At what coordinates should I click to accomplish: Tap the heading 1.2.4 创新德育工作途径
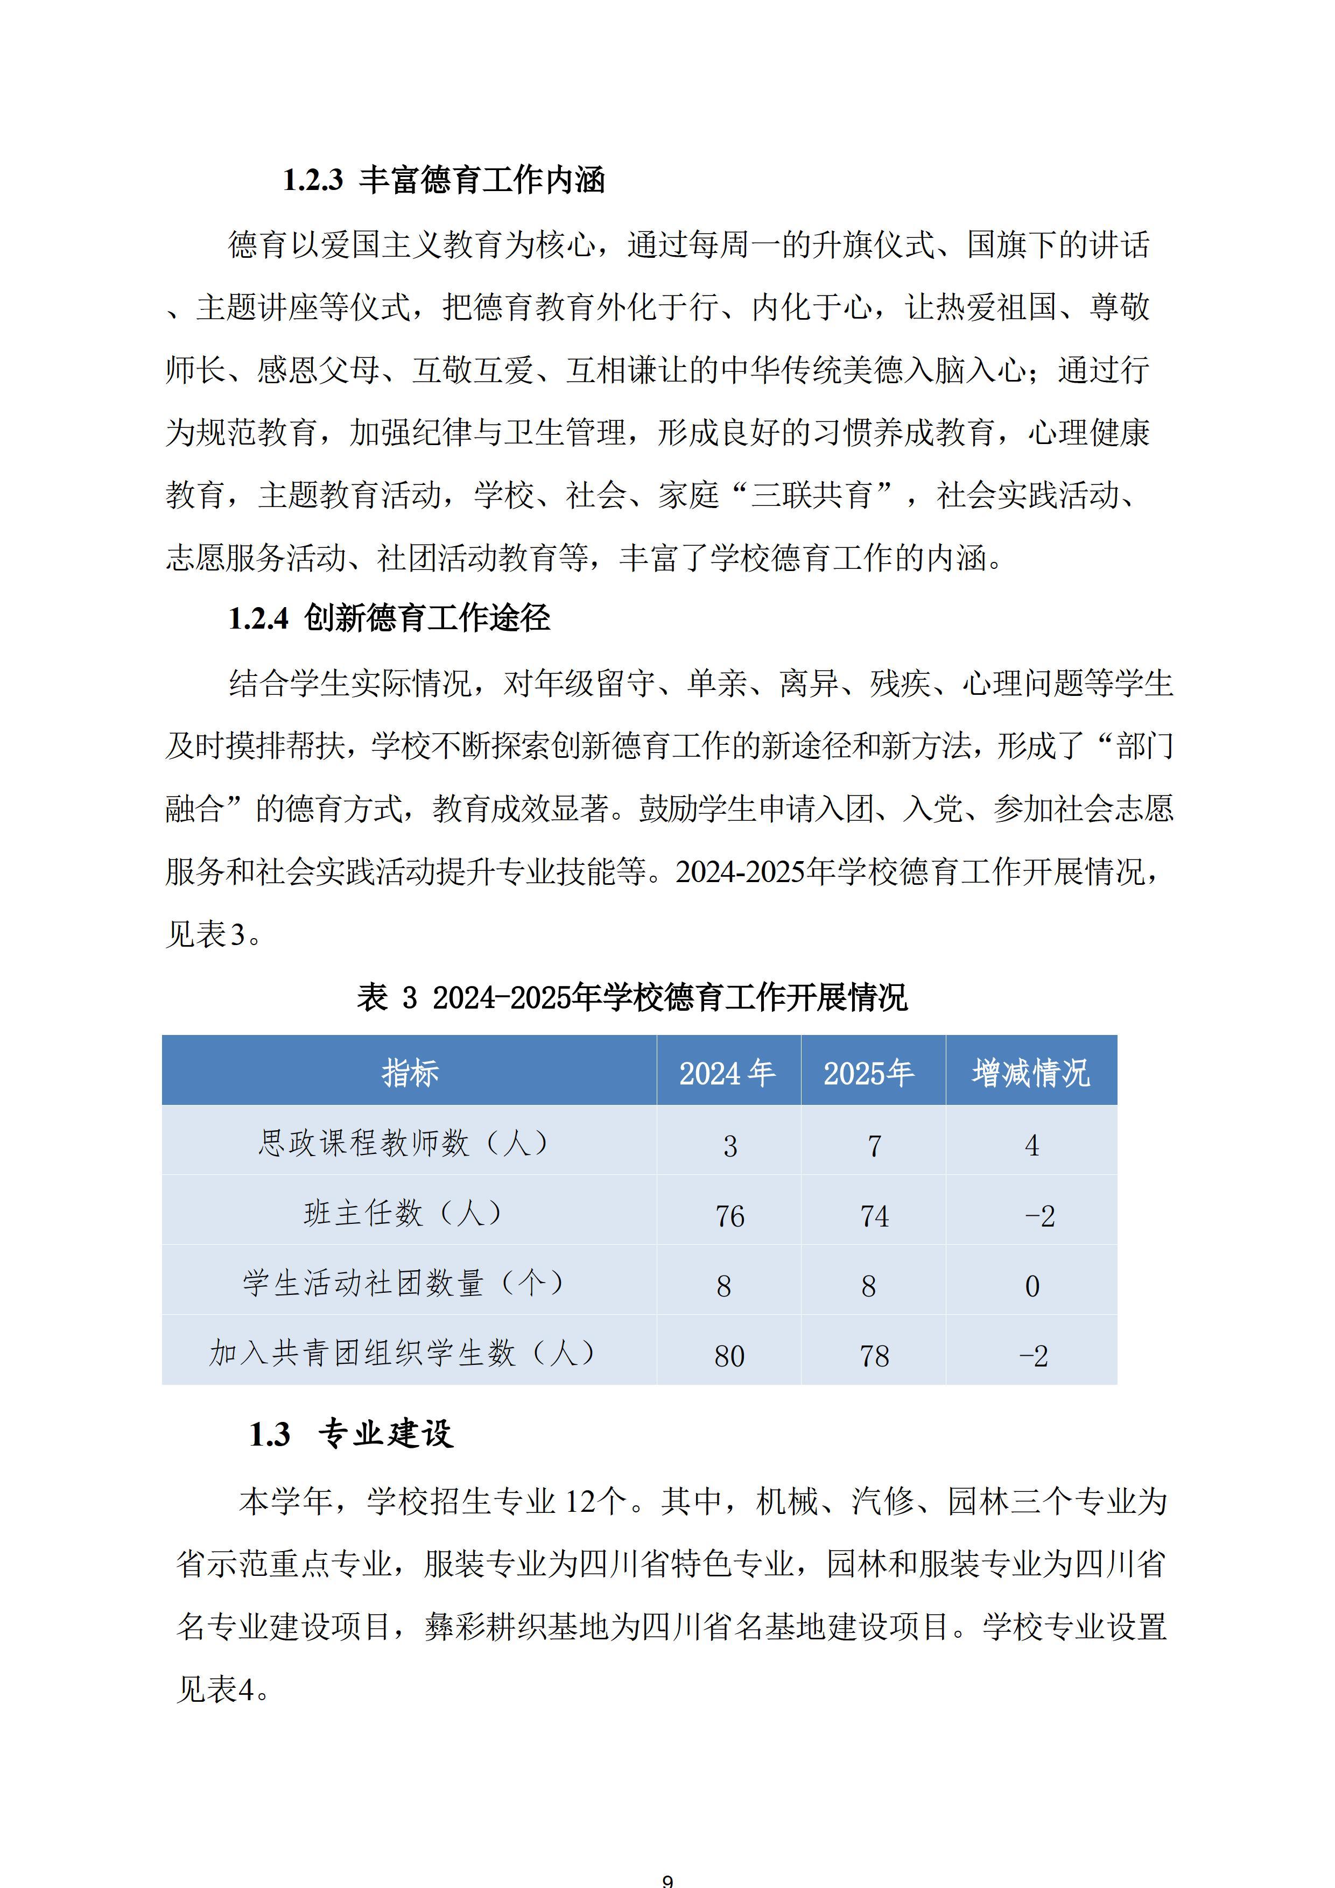(x=389, y=618)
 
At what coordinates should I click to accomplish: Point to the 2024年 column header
(x=727, y=1072)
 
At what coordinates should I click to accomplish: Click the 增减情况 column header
(x=1031, y=1072)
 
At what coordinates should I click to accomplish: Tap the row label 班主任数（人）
(x=404, y=1214)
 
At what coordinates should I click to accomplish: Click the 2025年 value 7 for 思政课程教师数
(x=874, y=1145)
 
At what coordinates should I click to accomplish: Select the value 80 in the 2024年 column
(x=729, y=1356)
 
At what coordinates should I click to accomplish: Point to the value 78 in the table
(x=874, y=1356)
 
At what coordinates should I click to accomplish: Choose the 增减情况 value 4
(x=1032, y=1145)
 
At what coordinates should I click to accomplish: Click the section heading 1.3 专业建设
(x=351, y=1434)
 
